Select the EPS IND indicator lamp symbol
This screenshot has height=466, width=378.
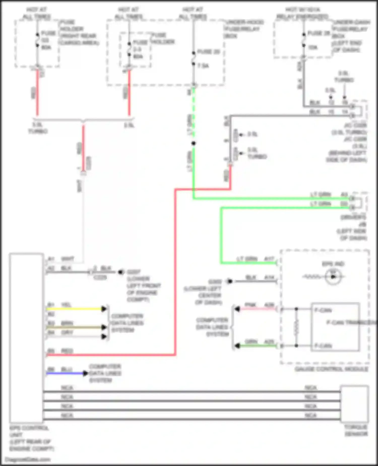tap(333, 277)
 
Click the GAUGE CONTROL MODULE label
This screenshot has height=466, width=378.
tap(332, 369)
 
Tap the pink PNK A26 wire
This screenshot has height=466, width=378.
tap(257, 309)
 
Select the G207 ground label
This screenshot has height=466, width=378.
tap(134, 272)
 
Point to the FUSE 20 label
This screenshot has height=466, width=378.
tap(208, 52)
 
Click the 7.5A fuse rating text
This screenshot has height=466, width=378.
tap(203, 66)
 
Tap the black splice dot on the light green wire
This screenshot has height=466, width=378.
tap(194, 143)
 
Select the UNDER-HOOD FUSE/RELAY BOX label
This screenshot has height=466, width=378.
tap(244, 29)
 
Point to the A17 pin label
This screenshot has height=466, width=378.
tap(269, 259)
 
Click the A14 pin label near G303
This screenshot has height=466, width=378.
tap(269, 277)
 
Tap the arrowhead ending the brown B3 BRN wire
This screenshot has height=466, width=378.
tap(104, 327)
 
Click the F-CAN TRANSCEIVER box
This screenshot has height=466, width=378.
tap(335, 327)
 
